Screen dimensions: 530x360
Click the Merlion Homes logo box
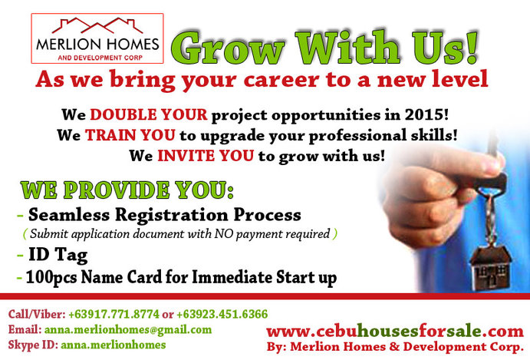click(x=97, y=38)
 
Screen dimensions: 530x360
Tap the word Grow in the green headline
click(x=228, y=48)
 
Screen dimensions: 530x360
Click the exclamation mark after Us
click(x=472, y=48)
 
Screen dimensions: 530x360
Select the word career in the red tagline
click(x=281, y=80)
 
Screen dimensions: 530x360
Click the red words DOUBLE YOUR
click(x=148, y=114)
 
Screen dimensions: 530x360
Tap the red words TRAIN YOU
click(x=130, y=135)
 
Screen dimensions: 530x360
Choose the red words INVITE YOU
click(x=206, y=156)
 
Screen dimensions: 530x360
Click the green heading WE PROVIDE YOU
click(x=127, y=190)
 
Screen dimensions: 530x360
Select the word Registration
click(x=172, y=216)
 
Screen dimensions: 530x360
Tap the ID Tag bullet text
click(x=58, y=255)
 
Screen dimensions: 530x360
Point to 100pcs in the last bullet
click(x=51, y=277)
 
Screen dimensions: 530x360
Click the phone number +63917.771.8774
click(x=114, y=314)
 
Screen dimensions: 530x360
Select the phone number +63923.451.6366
click(x=222, y=314)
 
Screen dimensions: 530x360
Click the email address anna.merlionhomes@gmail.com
click(x=128, y=329)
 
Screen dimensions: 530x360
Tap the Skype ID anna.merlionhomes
click(x=114, y=345)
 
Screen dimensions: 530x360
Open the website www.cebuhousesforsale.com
click(x=395, y=332)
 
